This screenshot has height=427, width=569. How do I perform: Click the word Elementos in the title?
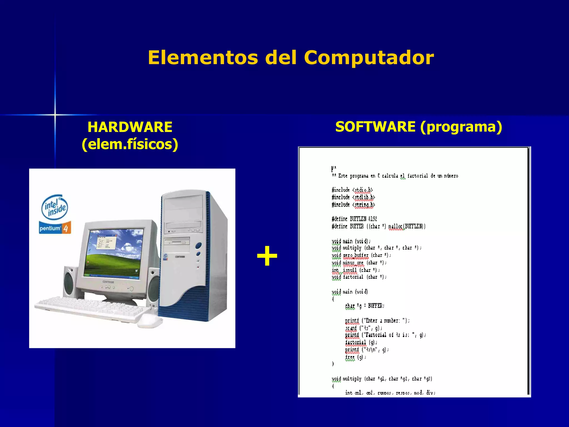point(203,58)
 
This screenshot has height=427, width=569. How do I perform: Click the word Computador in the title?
point(369,58)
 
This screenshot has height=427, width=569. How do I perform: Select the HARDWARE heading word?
point(130,127)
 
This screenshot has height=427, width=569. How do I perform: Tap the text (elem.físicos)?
point(130,144)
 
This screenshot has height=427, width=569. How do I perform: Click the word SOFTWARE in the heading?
point(375,127)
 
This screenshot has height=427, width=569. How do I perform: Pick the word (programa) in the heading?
point(461,127)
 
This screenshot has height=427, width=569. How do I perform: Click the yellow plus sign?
point(267,256)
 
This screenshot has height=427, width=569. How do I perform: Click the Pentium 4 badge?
point(55,228)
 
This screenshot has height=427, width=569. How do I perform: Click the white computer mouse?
point(150,321)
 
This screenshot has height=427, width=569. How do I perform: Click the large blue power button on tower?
point(198,246)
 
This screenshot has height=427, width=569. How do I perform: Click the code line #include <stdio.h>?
point(352,190)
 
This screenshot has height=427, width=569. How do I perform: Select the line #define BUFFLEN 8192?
point(354,219)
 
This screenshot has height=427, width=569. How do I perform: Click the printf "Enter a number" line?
point(377,321)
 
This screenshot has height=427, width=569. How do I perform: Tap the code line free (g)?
point(356,358)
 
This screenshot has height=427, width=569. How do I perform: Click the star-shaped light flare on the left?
point(55,115)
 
